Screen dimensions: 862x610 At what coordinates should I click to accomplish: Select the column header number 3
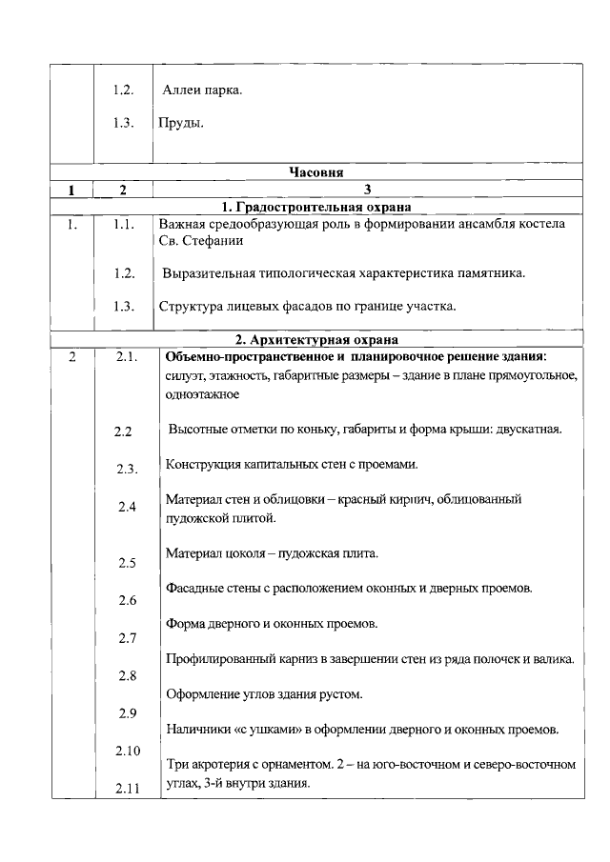click(x=367, y=190)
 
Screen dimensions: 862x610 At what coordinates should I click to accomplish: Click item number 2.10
click(x=128, y=752)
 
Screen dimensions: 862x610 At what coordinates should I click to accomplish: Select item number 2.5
click(x=127, y=563)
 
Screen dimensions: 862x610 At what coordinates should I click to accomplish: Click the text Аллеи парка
click(x=203, y=90)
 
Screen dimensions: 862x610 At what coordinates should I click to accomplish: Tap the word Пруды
click(x=182, y=124)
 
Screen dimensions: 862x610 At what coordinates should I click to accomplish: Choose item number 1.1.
click(x=120, y=225)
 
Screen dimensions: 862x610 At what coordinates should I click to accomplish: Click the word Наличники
click(x=196, y=729)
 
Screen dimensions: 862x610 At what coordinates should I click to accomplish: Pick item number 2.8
click(x=127, y=676)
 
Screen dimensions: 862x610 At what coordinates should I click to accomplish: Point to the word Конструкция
click(x=202, y=464)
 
